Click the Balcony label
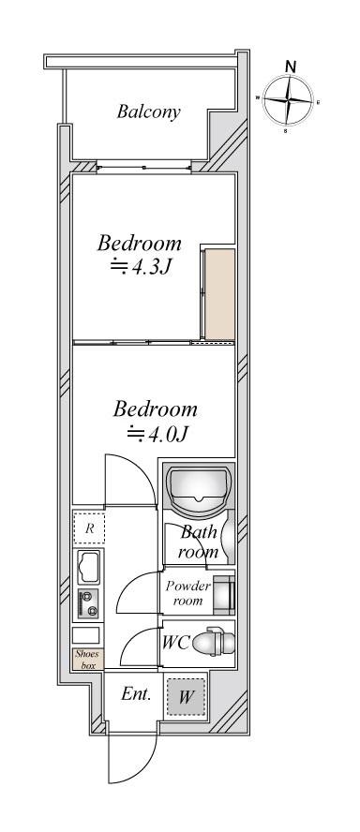tap(149, 111)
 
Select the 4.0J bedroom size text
tap(157, 434)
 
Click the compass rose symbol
tap(288, 99)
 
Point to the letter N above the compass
tap(291, 67)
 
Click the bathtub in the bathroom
tap(199, 490)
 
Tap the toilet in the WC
tap(213, 642)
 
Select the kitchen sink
tap(89, 567)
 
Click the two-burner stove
tap(89, 603)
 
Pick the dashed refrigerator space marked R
tap(89, 527)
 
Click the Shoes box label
tap(88, 659)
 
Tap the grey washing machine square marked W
tap(185, 695)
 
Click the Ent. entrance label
tap(137, 693)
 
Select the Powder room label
tap(187, 593)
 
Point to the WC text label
tap(175, 643)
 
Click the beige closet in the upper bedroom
tap(219, 294)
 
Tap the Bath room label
tap(199, 542)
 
